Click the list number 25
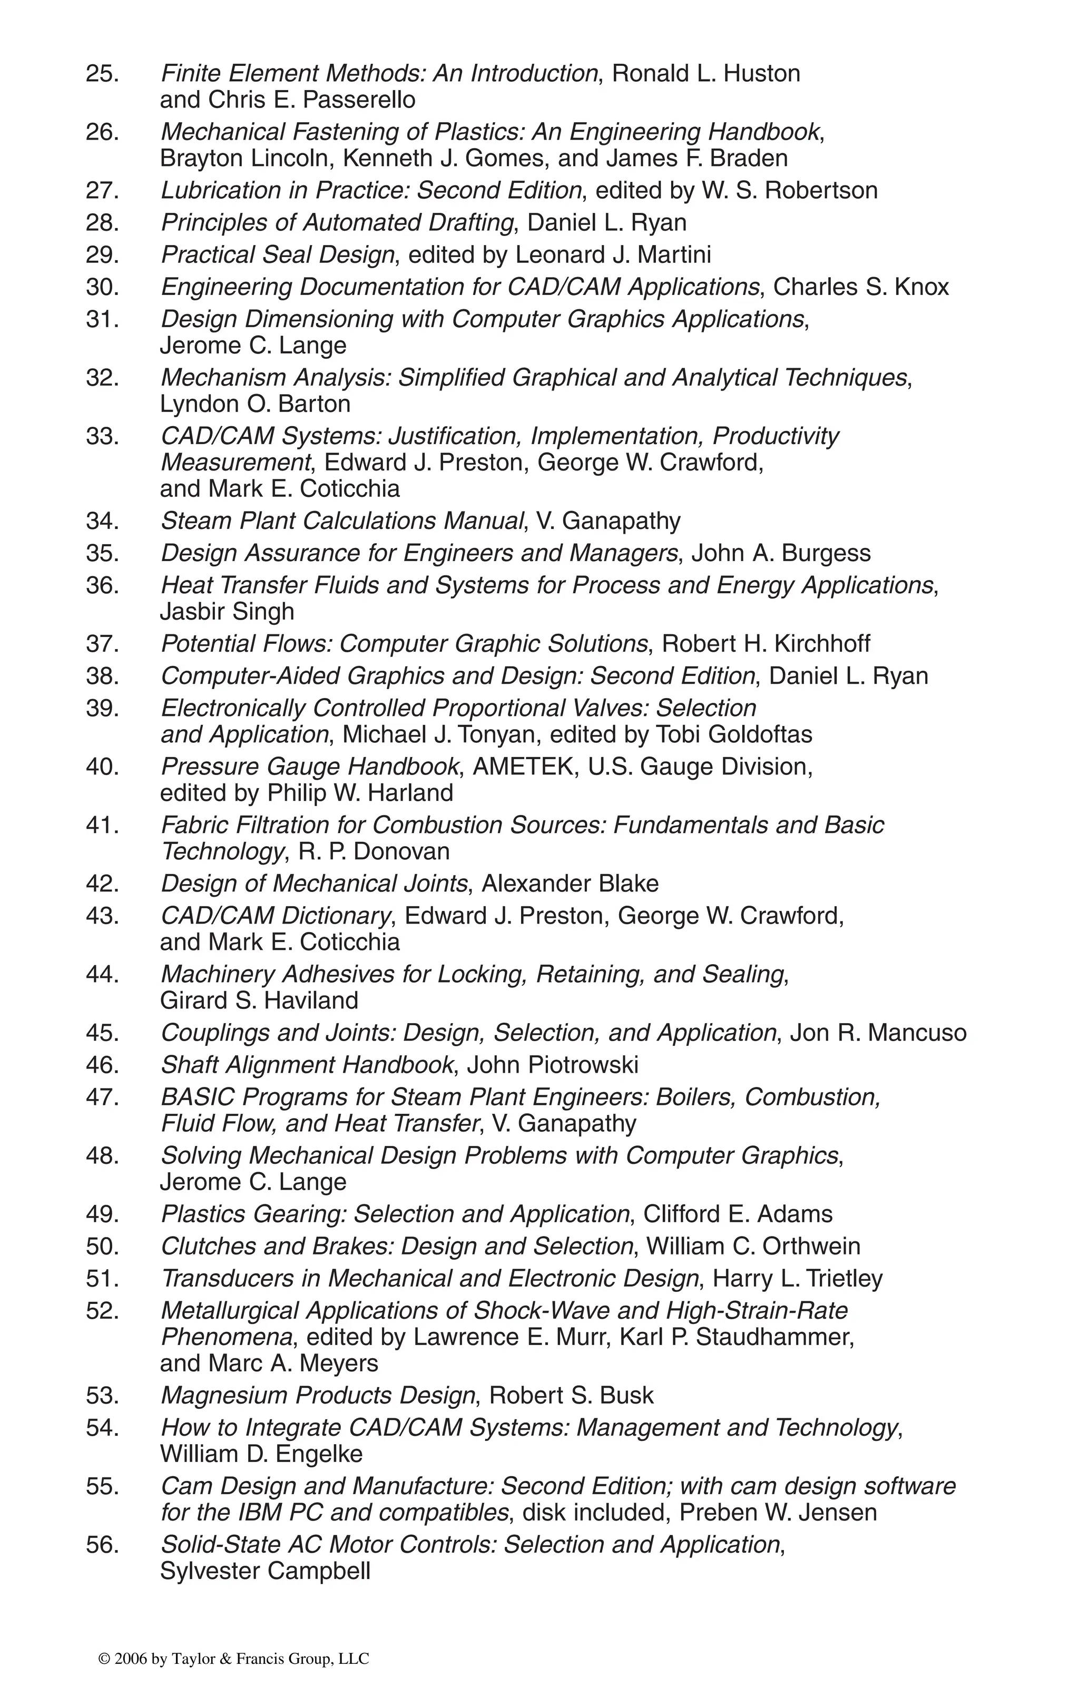coord(102,74)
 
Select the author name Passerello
coord(359,100)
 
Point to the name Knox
coord(921,287)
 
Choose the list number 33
coord(102,436)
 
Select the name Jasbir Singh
coord(227,612)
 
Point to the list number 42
coord(102,884)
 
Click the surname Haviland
coord(311,1001)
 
